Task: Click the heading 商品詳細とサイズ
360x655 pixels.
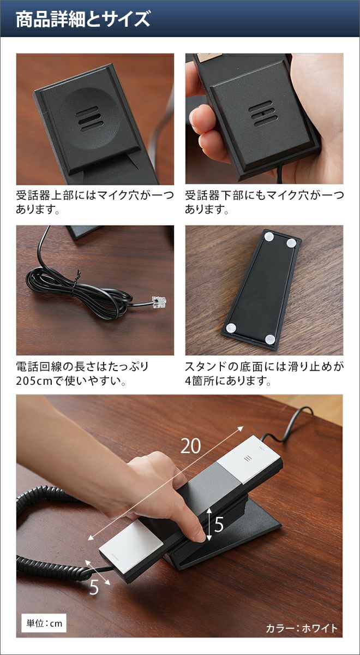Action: (83, 19)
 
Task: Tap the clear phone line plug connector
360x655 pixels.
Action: (159, 301)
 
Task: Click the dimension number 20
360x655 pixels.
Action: (190, 446)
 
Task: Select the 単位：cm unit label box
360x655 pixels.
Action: (44, 624)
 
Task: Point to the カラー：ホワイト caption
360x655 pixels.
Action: (301, 628)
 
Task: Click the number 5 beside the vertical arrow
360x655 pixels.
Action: (219, 525)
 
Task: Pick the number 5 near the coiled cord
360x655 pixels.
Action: (94, 587)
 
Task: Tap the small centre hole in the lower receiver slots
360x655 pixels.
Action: (263, 113)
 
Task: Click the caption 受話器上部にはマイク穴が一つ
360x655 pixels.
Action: (95, 195)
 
